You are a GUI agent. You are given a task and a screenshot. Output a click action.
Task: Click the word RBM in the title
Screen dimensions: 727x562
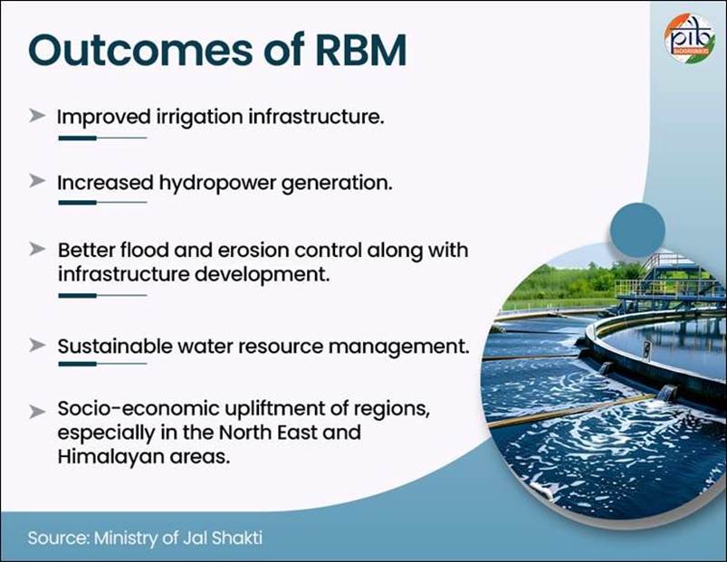coord(360,49)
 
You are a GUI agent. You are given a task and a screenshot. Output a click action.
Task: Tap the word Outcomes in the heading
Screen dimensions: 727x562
coord(140,49)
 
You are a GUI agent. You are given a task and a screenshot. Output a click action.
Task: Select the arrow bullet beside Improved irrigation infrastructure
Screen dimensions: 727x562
coord(37,116)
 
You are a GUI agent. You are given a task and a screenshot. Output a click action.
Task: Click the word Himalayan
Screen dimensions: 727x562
coord(110,458)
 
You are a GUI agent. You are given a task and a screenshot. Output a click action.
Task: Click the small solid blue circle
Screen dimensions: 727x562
coord(637,230)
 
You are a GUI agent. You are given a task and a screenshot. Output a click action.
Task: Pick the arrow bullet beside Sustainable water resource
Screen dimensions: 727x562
coord(37,345)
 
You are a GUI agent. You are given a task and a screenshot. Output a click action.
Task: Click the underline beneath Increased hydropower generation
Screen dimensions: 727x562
coord(102,203)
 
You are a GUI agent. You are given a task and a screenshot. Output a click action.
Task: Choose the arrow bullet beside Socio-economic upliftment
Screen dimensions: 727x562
coord(37,411)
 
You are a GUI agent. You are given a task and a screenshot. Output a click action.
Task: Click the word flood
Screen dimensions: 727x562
coord(144,250)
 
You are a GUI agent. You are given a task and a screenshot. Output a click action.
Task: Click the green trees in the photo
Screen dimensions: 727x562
coord(570,281)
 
